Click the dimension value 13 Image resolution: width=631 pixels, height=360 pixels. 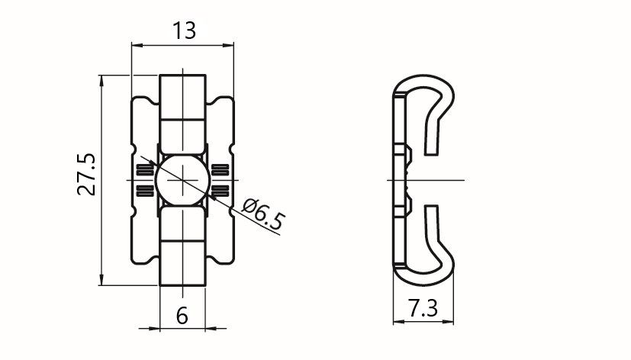point(185,31)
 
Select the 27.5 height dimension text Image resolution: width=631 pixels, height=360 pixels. point(87,175)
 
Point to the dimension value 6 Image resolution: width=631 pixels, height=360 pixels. point(182,316)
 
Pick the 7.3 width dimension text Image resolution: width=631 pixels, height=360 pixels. point(423,308)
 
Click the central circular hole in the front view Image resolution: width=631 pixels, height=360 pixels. point(182,180)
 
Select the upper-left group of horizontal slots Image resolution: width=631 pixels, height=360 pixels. point(145,170)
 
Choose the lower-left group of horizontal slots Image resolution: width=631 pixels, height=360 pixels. point(145,191)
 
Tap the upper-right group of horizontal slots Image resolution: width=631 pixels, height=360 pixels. point(221,170)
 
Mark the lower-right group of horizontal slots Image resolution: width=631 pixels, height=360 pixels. point(221,191)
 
